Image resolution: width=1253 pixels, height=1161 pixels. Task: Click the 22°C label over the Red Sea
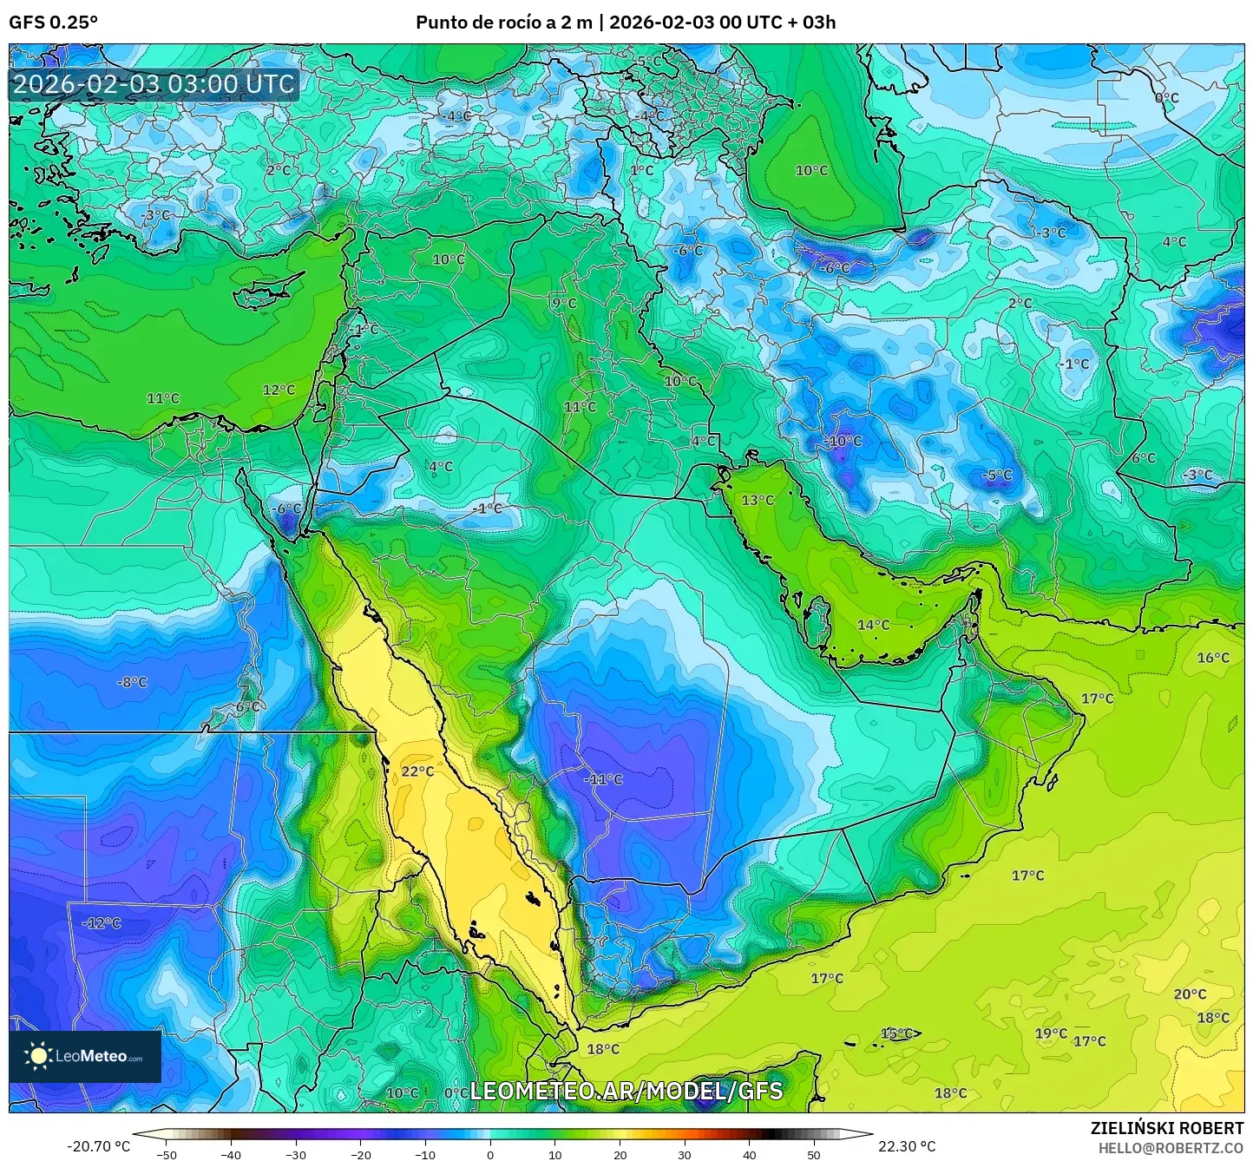pos(417,771)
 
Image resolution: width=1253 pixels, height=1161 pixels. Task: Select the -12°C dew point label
pos(102,923)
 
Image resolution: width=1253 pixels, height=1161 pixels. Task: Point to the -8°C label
pos(132,682)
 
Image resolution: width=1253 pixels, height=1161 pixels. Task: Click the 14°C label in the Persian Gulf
pos(873,625)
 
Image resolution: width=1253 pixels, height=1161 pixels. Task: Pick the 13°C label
pos(758,500)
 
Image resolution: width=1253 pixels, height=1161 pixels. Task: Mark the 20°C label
pos(1190,994)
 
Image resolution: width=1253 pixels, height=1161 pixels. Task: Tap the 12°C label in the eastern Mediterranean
pos(279,390)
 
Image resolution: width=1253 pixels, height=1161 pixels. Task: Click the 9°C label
pos(564,303)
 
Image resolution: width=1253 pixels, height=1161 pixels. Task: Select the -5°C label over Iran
pos(996,476)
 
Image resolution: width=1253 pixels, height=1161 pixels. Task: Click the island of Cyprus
pos(265,290)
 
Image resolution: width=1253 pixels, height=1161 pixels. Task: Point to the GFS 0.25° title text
pos(54,23)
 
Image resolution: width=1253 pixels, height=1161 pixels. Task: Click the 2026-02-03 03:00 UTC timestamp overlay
pos(154,84)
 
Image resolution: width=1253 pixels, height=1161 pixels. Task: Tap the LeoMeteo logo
pos(85,1056)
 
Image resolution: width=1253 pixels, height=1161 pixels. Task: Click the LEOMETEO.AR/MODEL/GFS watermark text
pos(626,1091)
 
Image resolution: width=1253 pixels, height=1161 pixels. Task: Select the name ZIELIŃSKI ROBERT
pos(1166,1128)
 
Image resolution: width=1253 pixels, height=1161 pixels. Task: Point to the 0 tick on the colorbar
pos(490,1153)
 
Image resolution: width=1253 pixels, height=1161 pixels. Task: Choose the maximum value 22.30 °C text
pos(907,1146)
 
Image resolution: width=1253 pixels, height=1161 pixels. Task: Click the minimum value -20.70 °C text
pos(98,1146)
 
